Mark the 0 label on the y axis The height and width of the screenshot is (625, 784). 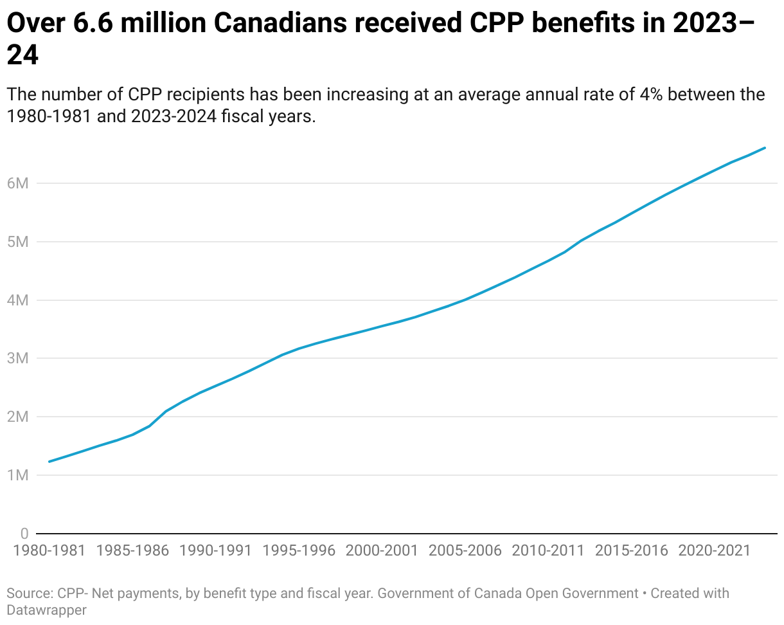(x=24, y=534)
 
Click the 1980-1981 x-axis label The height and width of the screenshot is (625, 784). (x=49, y=551)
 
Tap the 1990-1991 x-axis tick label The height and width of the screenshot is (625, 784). (x=216, y=551)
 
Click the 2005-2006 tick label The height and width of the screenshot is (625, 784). (x=465, y=551)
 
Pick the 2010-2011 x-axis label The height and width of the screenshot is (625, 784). (x=548, y=551)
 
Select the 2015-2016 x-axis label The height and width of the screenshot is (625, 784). (x=631, y=551)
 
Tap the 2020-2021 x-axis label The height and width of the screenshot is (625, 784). (x=714, y=551)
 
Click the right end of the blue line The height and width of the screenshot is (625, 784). (x=765, y=148)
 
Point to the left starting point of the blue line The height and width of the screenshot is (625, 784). (x=49, y=461)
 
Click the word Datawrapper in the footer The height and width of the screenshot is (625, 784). (x=46, y=610)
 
